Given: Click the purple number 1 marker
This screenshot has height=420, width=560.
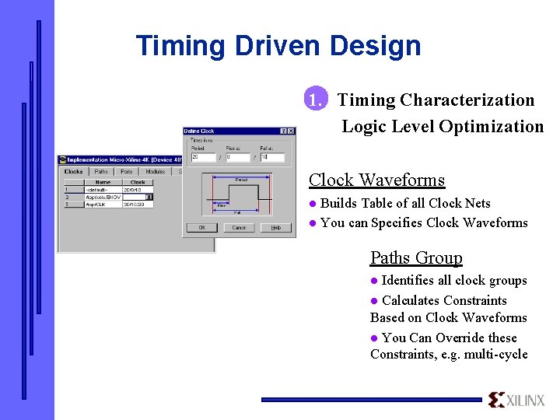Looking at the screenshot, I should [x=314, y=100].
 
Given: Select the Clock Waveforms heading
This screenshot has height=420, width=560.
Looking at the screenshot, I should [x=376, y=180].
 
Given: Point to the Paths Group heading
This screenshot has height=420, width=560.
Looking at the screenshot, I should [x=416, y=257].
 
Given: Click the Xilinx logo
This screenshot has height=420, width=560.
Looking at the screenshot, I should [x=517, y=400].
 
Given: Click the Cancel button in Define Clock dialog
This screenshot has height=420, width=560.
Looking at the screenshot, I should [x=239, y=228].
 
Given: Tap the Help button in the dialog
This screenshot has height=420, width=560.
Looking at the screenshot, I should [x=275, y=228].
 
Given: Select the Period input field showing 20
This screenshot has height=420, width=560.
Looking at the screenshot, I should [x=203, y=157].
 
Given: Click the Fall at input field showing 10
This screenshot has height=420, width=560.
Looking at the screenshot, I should [x=272, y=157].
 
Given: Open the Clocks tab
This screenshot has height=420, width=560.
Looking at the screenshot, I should [x=74, y=171].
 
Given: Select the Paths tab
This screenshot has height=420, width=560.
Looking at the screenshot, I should [x=101, y=171].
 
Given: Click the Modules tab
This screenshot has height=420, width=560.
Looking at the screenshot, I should [x=155, y=171].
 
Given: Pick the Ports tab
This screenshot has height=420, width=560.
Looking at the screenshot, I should [x=126, y=171].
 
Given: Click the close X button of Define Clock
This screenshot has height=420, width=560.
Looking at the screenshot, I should [x=291, y=131].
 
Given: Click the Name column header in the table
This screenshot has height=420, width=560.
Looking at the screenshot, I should [x=103, y=182].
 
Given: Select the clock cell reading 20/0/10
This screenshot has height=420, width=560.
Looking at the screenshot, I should [x=137, y=189].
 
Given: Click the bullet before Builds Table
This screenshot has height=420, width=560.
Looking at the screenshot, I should [x=313, y=204].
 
